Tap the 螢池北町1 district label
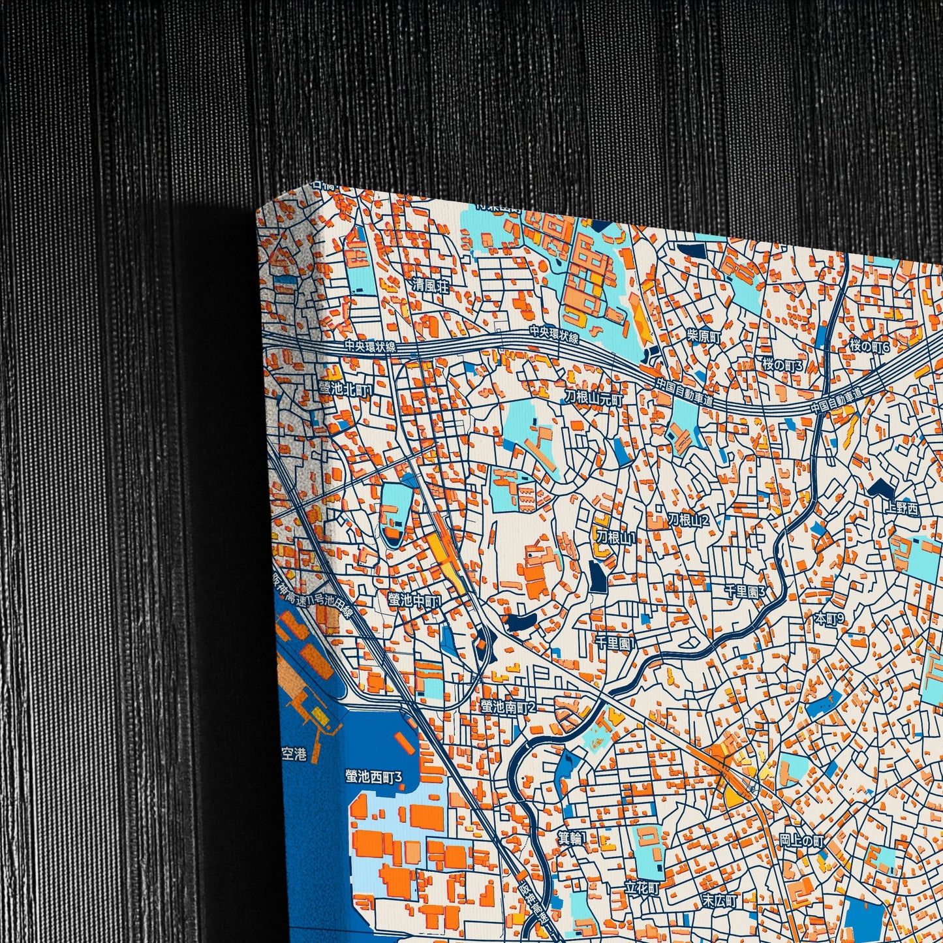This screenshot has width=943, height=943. coord(345,389)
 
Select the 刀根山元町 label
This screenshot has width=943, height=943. coord(594,397)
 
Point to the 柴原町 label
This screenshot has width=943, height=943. coord(704,337)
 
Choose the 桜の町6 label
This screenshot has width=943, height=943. coord(869,347)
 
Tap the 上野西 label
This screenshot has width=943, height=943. coord(903,509)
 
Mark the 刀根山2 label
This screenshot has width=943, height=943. coord(688,519)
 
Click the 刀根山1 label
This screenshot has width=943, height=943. coord(615,538)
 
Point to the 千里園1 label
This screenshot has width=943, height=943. coord(615,643)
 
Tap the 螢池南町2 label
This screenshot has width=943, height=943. coord(508,707)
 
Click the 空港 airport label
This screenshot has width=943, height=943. coord(293,754)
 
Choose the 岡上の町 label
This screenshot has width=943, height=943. coord(801,841)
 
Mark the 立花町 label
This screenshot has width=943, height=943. coord(642,888)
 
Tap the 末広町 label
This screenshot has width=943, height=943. coord(719,901)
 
